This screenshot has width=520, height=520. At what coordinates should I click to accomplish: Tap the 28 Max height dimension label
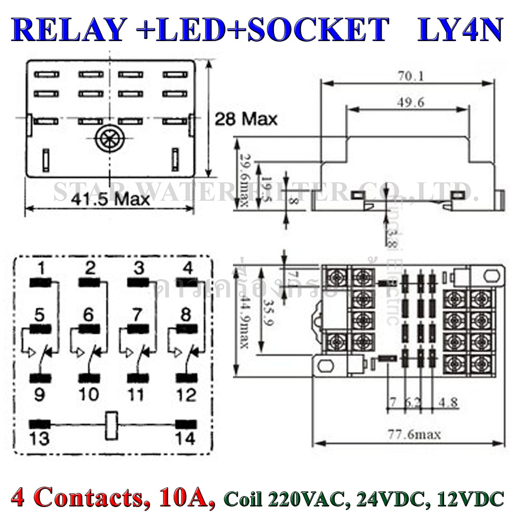pyautogui.click(x=246, y=119)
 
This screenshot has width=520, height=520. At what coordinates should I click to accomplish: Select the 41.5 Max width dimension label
pyautogui.click(x=110, y=199)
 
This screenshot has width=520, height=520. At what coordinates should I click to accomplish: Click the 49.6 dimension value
pyautogui.click(x=411, y=102)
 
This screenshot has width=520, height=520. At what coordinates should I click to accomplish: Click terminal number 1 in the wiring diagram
pyautogui.click(x=40, y=268)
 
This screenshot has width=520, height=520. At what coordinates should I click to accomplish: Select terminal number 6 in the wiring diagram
pyautogui.click(x=88, y=315)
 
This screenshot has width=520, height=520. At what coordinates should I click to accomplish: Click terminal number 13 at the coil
pyautogui.click(x=40, y=438)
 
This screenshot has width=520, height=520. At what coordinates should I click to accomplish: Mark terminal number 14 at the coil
pyautogui.click(x=185, y=438)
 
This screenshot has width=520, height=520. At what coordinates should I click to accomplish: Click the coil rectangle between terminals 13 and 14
pyautogui.click(x=112, y=426)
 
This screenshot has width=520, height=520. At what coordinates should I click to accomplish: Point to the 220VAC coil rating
pyautogui.click(x=311, y=499)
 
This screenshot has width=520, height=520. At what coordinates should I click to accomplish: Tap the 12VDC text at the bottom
pyautogui.click(x=472, y=499)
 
